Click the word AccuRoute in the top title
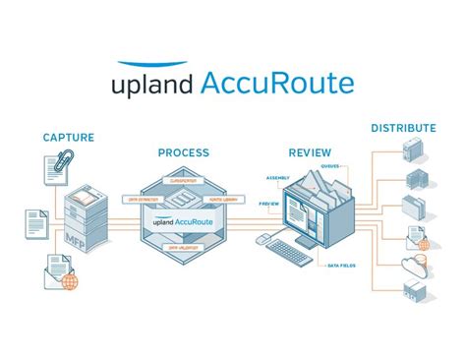[x=276, y=83]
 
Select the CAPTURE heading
[x=68, y=138]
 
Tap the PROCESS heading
[x=184, y=152]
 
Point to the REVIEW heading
[x=309, y=152]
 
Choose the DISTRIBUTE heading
[x=403, y=128]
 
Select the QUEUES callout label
[x=328, y=166]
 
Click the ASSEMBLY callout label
[x=276, y=178]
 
